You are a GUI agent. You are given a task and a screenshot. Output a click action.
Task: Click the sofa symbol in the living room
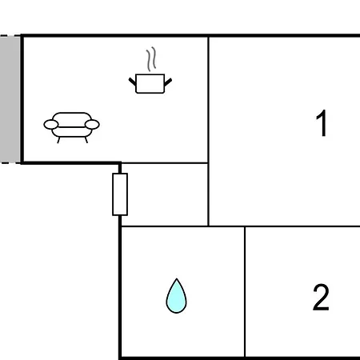(71, 127)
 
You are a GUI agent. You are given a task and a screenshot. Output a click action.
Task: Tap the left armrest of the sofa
(51, 125)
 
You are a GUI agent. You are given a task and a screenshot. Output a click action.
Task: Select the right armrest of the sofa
(92, 125)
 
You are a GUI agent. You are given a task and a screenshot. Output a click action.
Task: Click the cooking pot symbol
(150, 83)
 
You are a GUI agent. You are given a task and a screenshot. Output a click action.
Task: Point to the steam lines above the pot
(151, 59)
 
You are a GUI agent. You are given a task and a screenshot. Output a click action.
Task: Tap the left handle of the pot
(132, 82)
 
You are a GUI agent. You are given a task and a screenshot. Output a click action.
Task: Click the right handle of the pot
(168, 82)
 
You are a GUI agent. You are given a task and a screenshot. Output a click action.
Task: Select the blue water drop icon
(176, 296)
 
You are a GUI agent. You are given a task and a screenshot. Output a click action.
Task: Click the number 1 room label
(322, 122)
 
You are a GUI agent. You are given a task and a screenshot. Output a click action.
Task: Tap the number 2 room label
(321, 297)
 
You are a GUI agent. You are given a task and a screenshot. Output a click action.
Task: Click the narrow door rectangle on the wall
(120, 194)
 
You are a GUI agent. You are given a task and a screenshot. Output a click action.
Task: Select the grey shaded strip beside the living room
(10, 98)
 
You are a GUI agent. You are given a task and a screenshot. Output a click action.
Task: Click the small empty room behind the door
(165, 194)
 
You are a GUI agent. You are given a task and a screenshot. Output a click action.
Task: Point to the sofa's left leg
(58, 140)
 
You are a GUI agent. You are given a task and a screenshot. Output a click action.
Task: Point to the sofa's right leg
(86, 140)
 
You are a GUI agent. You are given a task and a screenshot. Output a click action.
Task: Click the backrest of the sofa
(71, 117)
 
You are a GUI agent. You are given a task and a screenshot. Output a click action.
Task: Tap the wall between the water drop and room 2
(245, 292)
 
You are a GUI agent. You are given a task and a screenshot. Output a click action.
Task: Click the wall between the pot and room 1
(208, 99)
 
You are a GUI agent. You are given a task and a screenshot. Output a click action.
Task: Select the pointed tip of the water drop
(176, 278)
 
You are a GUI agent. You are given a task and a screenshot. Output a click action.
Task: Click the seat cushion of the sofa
(71, 132)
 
